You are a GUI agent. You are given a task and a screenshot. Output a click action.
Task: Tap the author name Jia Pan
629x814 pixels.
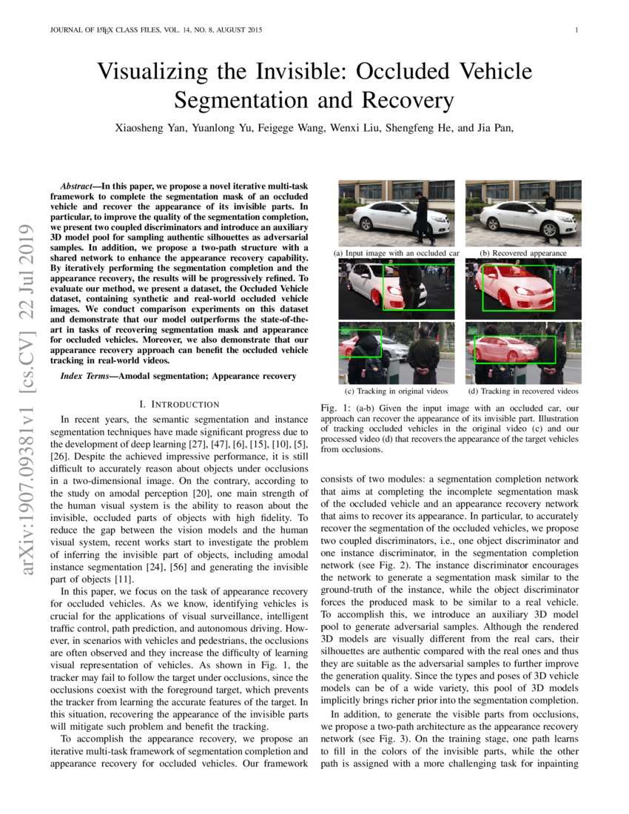[x=492, y=128]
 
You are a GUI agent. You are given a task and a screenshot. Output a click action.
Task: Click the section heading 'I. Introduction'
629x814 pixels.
[x=179, y=404]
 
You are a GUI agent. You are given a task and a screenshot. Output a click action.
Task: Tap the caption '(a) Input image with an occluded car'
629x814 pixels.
[x=397, y=253]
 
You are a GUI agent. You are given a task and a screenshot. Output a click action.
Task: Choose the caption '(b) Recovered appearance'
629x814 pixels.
[x=523, y=253]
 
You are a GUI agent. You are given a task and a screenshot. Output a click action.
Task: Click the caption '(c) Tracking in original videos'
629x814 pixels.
[x=397, y=391]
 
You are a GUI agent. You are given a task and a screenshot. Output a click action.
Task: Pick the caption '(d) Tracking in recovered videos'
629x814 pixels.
[x=523, y=391]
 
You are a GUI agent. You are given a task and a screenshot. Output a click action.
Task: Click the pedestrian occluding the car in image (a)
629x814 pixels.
[x=423, y=218]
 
